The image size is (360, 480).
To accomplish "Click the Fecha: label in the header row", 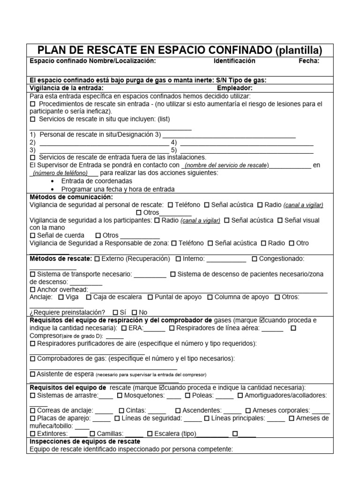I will pos(309,61).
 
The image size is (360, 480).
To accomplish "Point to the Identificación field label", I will pos(234,61).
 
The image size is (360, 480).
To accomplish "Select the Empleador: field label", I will pos(234,88).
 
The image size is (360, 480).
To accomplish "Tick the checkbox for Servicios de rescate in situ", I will pos(32,119).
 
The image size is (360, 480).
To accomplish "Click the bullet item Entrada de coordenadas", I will pos(97,181).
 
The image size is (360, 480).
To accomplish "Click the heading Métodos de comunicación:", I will pos(71,197).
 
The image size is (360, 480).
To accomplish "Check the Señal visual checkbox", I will pos(280,220).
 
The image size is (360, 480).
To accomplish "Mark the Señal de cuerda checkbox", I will pos(32,235).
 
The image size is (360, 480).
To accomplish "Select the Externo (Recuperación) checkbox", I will pos(97,259).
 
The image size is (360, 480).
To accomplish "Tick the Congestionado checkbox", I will pos(254,259).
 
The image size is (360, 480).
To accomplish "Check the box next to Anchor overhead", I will pos(32,290).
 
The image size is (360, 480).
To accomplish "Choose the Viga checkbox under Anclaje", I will pos(61,297).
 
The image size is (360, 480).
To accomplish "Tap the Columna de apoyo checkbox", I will pos(210,297).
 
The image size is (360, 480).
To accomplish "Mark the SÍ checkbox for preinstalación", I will pos(115,313).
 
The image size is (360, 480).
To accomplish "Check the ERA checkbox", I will pos(124,329).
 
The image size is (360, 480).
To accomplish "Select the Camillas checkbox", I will pos(92,434).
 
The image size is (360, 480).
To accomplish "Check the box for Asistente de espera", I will pos(32,374).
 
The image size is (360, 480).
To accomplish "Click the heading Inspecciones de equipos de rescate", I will pos(85,442).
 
